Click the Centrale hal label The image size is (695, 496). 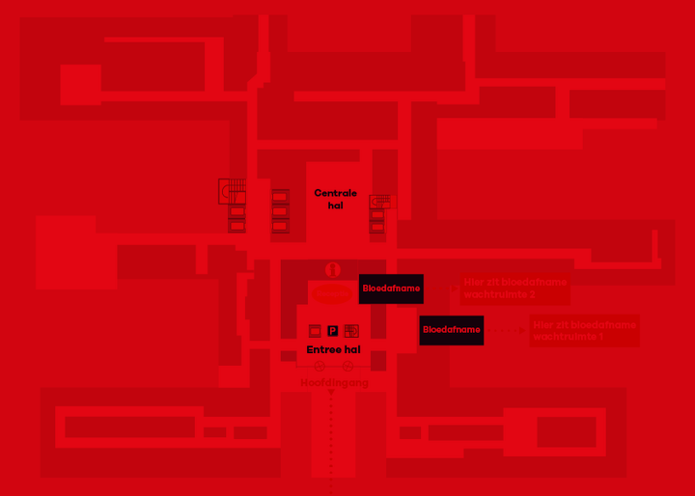(335, 199)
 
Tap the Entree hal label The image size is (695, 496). (333, 349)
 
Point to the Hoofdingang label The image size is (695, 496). (334, 383)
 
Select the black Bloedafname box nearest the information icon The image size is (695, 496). (391, 288)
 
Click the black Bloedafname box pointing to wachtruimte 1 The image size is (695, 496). (451, 330)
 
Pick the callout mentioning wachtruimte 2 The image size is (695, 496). (514, 288)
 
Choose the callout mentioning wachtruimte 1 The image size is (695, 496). (584, 331)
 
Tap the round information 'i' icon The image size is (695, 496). (333, 270)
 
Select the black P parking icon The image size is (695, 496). (333, 331)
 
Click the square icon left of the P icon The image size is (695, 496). (314, 331)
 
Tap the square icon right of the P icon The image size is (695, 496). (351, 331)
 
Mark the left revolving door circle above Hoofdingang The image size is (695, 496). (320, 367)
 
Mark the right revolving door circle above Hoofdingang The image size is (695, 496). (347, 367)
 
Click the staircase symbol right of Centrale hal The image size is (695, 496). (382, 201)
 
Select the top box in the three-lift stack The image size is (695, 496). (280, 197)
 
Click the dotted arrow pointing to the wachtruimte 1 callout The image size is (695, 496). (506, 330)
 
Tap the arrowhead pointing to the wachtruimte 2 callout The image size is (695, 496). (455, 288)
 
